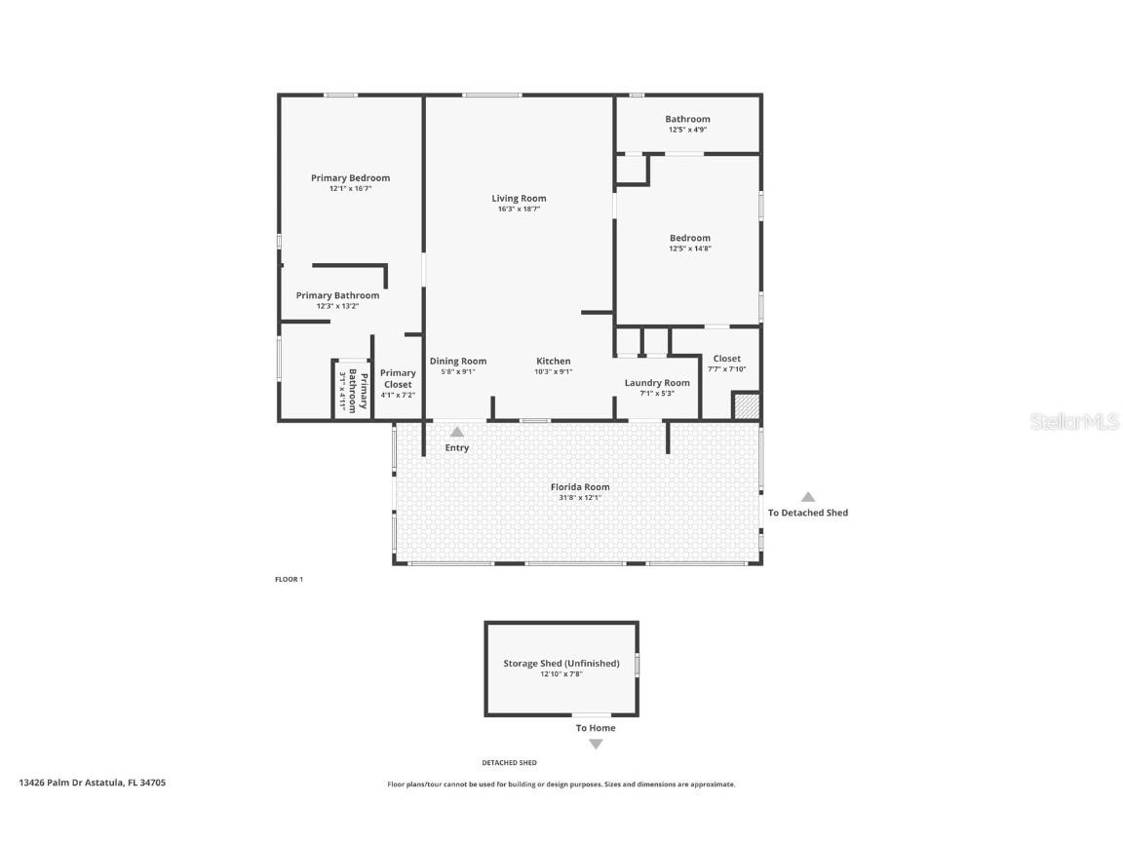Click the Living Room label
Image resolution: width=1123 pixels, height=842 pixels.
pos(519,199)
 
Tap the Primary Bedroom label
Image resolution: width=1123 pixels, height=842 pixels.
pos(350,178)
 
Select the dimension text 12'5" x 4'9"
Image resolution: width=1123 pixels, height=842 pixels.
pos(687,130)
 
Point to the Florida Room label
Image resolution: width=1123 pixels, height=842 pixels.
pos(580,487)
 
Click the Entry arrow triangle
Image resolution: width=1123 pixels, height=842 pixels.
pos(456,432)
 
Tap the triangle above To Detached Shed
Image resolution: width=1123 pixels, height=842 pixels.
pos(808,497)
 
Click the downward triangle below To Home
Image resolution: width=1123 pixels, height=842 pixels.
pos(596,745)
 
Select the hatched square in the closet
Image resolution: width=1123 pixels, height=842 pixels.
pos(746,406)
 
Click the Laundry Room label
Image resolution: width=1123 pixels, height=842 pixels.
pos(657,383)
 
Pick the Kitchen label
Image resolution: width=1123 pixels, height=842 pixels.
pos(553,362)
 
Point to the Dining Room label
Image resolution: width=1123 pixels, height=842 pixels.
pos(458,362)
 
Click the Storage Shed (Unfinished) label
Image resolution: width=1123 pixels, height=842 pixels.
pos(561,664)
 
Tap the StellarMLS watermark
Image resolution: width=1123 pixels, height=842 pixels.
pos(1075,422)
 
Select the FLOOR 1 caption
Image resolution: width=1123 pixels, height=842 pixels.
pos(289,580)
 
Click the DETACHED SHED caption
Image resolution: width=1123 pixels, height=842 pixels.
pos(509,763)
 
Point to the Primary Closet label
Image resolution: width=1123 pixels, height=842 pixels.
pos(398,378)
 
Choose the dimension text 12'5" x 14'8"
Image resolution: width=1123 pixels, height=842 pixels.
pos(689,249)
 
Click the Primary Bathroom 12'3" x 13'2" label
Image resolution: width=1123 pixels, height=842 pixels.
pos(337,296)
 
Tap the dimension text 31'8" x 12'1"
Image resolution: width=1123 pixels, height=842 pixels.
pos(580,498)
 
